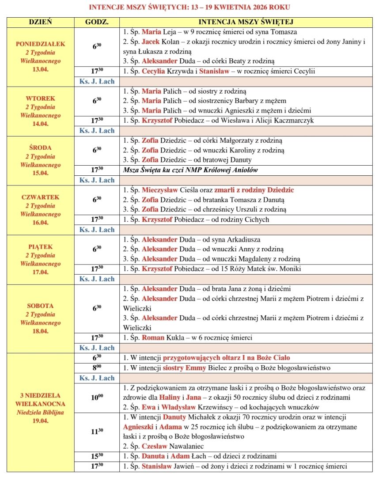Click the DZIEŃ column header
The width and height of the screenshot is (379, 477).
40,22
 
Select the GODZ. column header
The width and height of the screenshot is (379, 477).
97,22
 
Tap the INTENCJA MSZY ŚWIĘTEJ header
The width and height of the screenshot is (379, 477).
246,22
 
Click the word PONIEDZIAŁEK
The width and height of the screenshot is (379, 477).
40,44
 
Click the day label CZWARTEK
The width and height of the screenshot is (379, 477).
40,197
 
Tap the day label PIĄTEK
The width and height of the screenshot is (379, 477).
40,247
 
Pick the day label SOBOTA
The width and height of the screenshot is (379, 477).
40,306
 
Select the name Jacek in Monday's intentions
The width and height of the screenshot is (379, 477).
150,42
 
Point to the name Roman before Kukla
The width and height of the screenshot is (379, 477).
152,338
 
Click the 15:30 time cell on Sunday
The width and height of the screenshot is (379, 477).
97,456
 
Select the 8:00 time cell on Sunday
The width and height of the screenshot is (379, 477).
97,368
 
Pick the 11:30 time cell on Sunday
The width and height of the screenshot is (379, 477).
97,432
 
